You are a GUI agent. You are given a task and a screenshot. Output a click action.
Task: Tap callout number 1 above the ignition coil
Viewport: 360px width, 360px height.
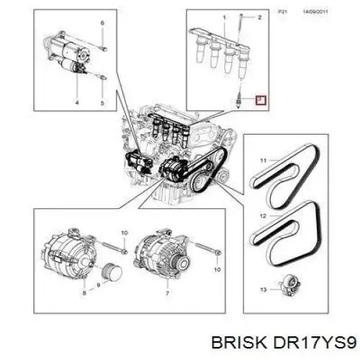[225, 17]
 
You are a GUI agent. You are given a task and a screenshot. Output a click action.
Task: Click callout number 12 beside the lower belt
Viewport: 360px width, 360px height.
[264, 215]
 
